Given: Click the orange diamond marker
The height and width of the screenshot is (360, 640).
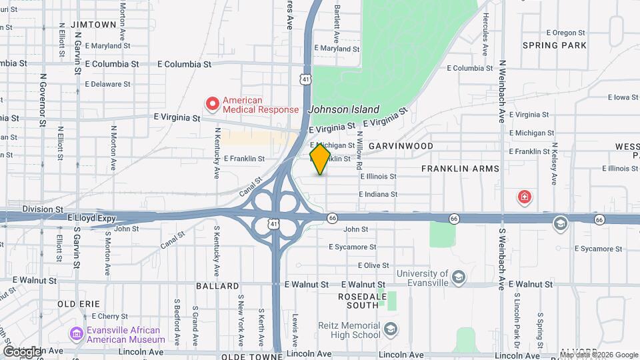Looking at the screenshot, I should pos(321,159).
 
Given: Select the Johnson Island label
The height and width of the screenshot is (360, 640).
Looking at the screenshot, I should pos(344,109).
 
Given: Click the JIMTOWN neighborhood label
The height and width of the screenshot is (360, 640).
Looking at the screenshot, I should pos(97,24).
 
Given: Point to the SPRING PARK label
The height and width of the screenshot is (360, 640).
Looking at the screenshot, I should pos(564,45).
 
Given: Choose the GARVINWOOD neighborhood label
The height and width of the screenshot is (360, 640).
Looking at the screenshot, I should pos(401,145).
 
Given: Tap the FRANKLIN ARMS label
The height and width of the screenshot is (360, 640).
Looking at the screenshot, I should pos(460,169).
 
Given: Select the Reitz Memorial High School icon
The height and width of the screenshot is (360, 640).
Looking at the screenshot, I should pos(391,328).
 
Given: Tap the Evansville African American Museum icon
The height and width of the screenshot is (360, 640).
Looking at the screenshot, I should pos(76,333).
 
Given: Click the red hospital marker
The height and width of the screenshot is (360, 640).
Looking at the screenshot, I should pos(525,197).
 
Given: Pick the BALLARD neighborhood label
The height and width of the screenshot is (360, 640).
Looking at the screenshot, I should pos(217,286).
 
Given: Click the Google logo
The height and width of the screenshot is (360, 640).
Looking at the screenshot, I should pos(23,351).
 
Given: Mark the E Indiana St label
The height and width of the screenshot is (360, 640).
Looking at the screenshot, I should pos(377,194).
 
